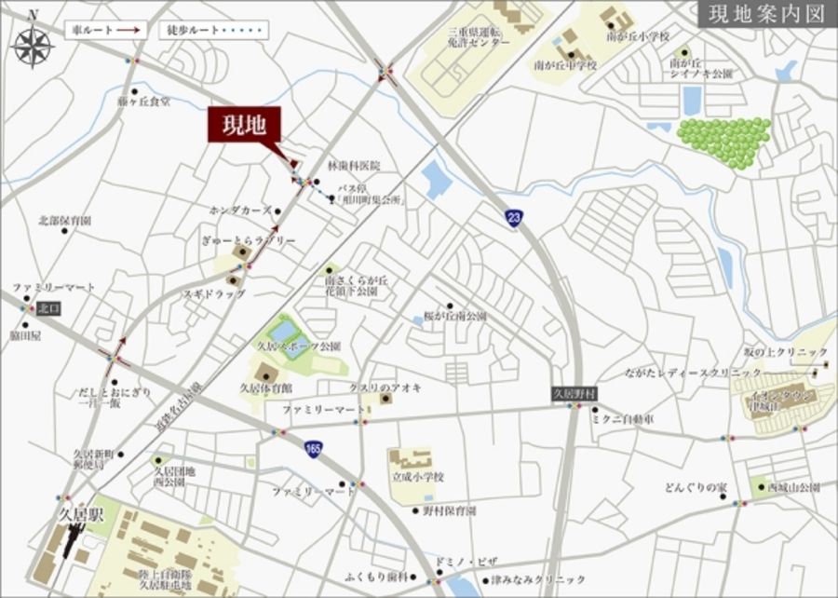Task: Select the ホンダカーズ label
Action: tap(240, 211)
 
